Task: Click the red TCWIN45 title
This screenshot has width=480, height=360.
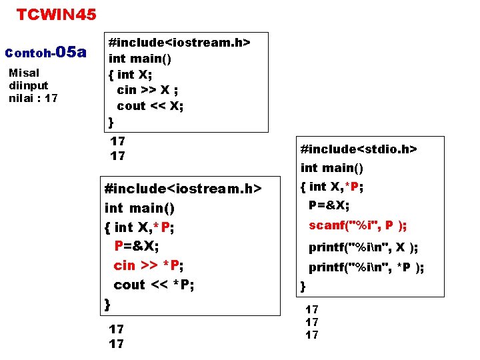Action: coord(57,14)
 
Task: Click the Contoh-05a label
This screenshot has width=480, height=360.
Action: coord(46,52)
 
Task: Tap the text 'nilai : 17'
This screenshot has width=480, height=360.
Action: coord(33,98)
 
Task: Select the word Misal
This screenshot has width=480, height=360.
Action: coord(24,73)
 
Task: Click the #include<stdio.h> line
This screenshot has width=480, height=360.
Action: coord(359,149)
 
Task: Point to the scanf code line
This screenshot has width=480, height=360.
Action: coord(358,225)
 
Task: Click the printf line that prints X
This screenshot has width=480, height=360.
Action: coord(363,247)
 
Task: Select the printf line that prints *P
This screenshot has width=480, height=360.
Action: coord(366,268)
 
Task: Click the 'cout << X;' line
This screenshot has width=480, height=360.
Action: coord(150,105)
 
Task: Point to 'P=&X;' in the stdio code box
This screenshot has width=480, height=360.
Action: coord(329,205)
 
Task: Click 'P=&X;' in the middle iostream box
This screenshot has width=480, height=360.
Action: coord(137,246)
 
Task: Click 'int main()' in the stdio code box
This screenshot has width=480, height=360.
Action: coord(332,168)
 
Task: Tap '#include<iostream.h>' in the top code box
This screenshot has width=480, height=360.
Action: coord(179,43)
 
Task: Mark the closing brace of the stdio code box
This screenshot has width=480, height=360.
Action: coord(303,287)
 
